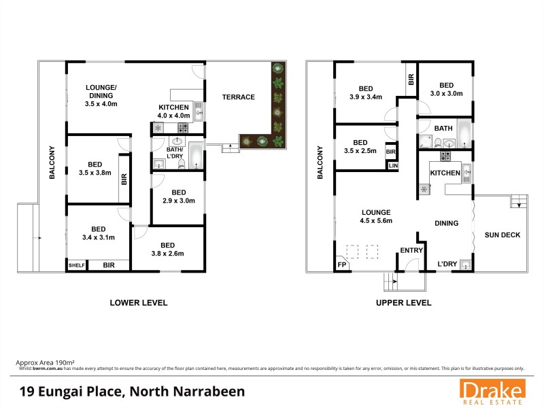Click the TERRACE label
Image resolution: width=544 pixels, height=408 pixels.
238,97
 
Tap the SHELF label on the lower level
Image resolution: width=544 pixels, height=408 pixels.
76,265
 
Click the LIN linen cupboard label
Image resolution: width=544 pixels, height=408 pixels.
393,165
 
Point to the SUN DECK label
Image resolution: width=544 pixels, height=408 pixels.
502,235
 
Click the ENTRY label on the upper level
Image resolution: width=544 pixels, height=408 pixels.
411,251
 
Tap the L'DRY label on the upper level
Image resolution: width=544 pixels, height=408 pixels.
446,264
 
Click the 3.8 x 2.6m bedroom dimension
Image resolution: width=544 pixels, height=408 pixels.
167,254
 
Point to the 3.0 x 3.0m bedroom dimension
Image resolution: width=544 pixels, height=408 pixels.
446,94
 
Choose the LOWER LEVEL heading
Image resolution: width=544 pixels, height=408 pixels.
139,303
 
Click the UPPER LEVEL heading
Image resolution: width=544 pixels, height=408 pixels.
403,303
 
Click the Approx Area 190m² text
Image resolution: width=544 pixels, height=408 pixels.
46,362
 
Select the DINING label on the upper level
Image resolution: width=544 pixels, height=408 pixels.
446,223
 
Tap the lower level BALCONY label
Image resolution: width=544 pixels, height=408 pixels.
52,163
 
